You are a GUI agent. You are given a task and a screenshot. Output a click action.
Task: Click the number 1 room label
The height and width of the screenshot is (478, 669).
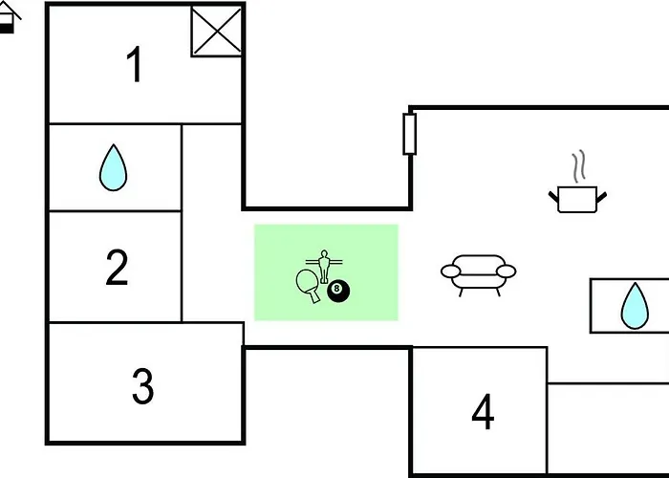coord(135,64)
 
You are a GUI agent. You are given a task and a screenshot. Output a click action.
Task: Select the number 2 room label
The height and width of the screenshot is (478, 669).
coord(117,267)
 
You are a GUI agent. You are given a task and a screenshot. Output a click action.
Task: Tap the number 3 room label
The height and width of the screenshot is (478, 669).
coord(143,386)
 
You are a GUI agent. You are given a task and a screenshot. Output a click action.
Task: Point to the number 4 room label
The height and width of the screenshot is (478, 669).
coord(483,411)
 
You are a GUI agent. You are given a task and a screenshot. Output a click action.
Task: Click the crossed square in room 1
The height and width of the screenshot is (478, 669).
coord(217,32)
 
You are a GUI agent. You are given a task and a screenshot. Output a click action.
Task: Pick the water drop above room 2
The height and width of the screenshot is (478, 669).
coord(113,167)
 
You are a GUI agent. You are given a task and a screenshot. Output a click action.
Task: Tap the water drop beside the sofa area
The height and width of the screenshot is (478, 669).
coord(635,306)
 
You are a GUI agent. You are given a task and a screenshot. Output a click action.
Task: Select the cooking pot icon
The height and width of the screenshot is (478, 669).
coord(577,199)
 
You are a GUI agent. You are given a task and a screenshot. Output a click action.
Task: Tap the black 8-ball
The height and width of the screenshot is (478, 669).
coord(338,291)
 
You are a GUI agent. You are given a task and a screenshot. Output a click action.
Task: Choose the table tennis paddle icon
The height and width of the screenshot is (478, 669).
coord(308,285)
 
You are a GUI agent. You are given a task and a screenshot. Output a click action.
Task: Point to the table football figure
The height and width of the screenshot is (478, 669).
coord(324,266)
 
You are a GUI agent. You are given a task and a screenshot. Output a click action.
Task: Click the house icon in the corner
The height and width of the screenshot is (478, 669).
coord(9,17)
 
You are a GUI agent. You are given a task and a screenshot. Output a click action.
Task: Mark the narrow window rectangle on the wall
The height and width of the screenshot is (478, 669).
coord(410,134)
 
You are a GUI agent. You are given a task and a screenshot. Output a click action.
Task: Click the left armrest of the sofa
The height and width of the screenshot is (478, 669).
coord(450,271)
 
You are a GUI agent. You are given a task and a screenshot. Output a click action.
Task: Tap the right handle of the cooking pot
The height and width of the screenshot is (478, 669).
coord(601,198)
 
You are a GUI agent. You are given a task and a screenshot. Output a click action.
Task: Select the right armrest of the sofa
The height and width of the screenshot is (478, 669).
coord(507,271)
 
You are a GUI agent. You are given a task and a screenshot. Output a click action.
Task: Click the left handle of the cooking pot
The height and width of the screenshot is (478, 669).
coord(553,197)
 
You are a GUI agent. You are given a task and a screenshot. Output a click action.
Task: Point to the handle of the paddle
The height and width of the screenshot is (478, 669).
coord(314,296)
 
